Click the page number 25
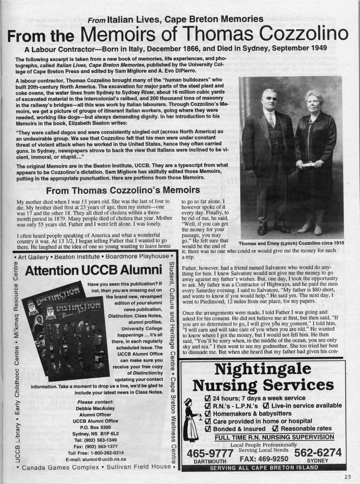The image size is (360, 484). coord(348,476)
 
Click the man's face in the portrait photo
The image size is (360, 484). coord(268,100)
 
